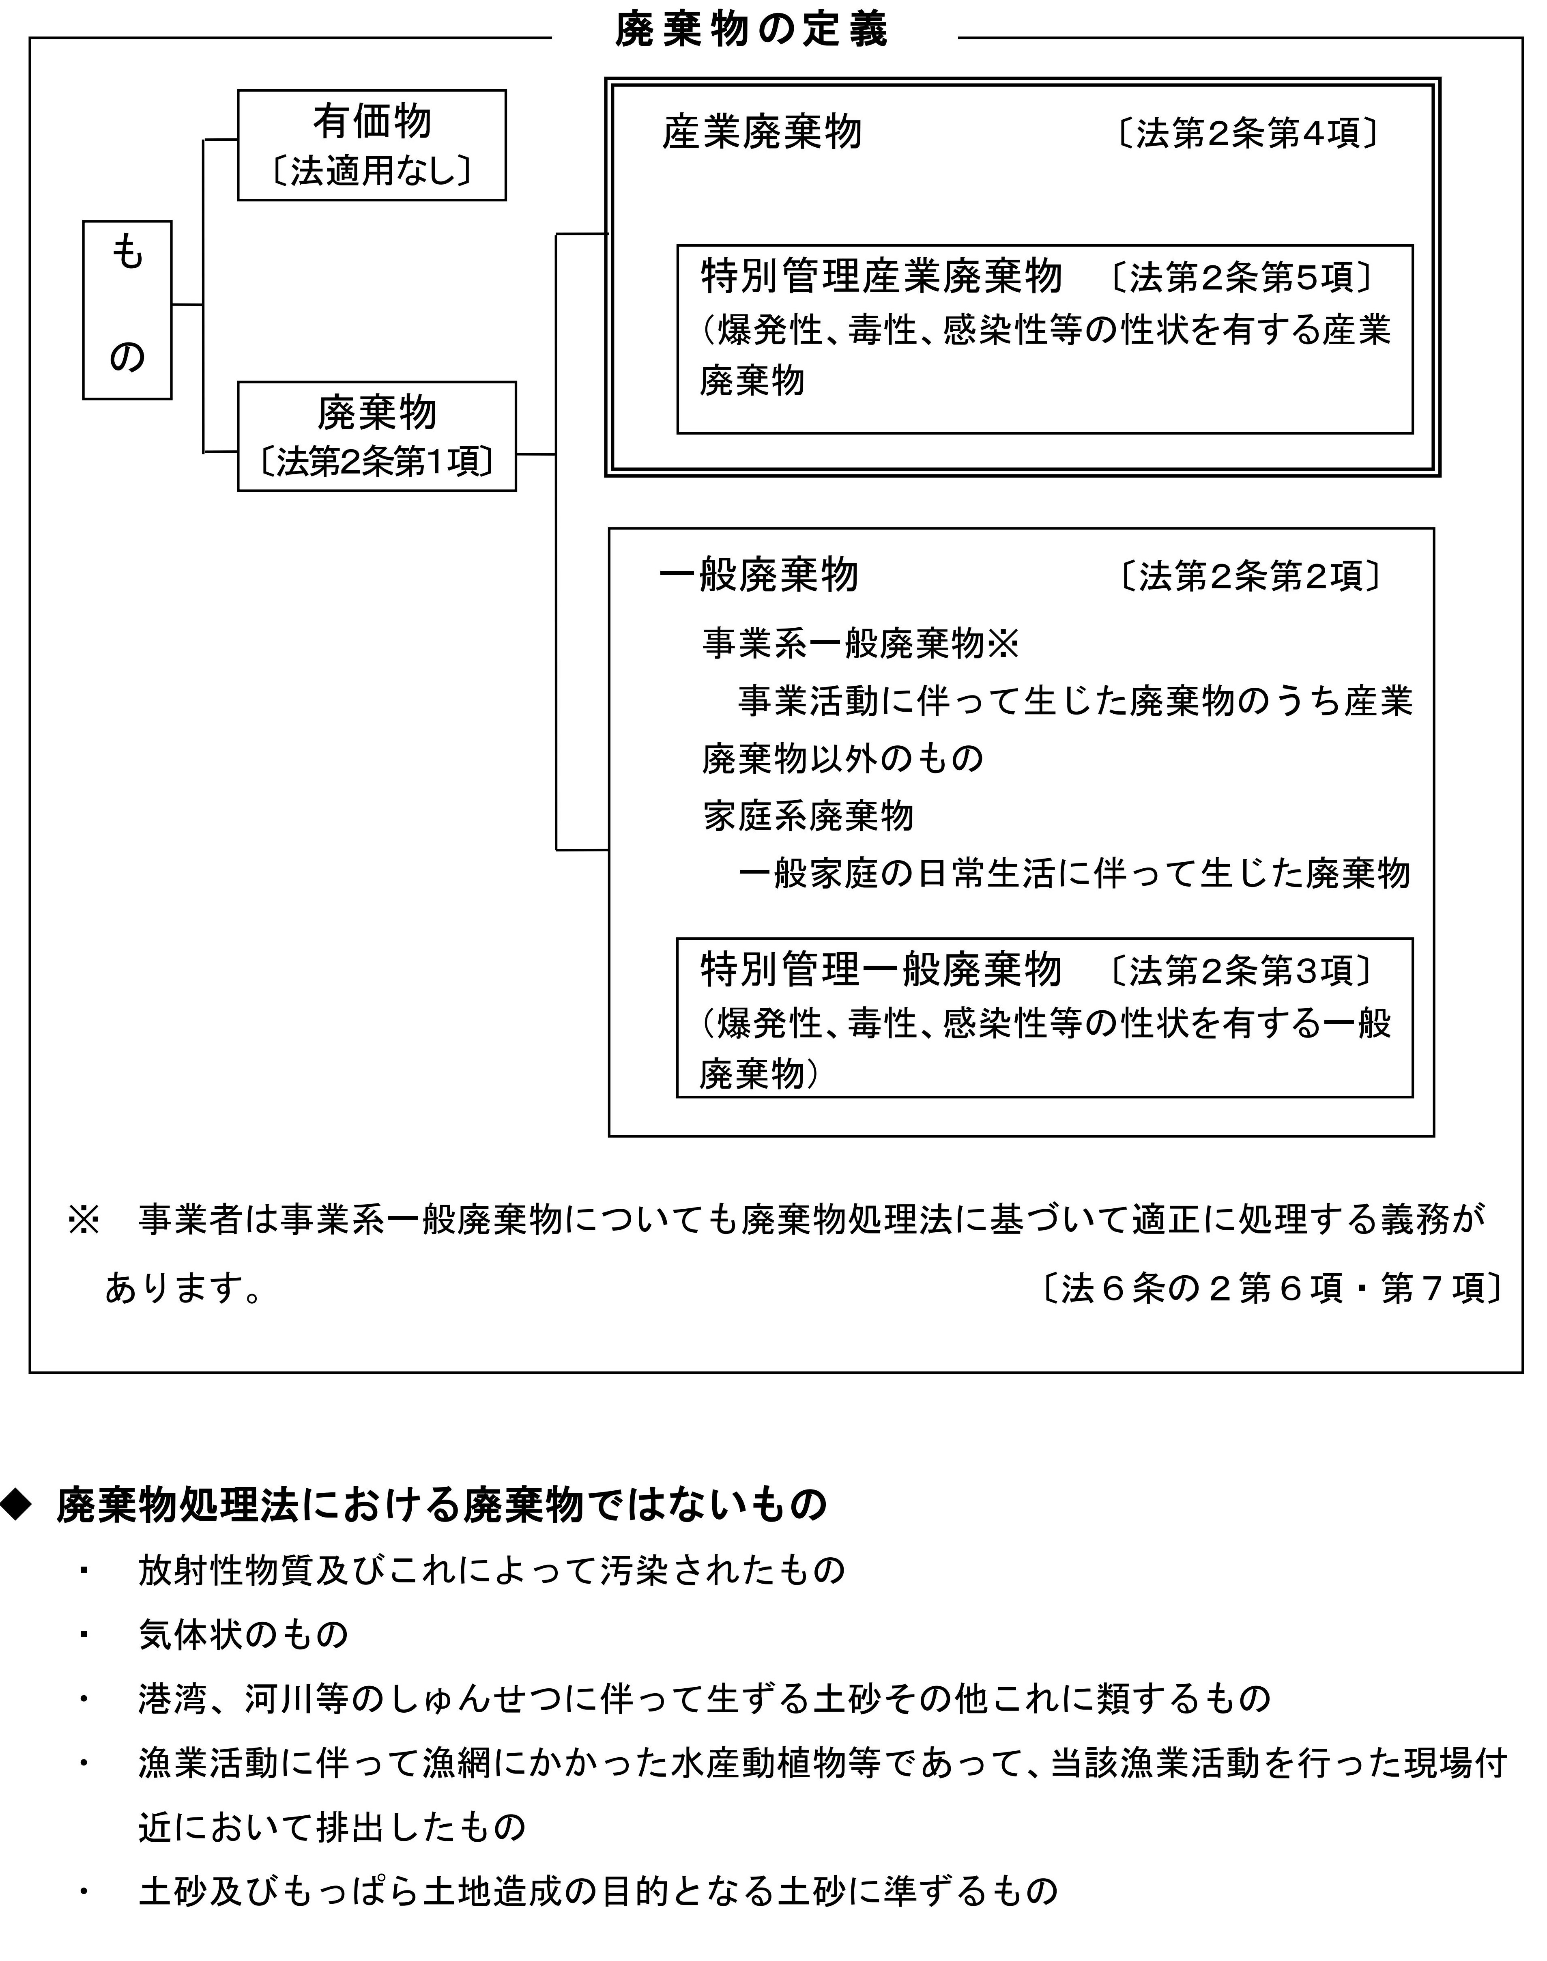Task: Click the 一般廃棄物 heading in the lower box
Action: coord(759,575)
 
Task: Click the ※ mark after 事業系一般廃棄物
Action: coord(1003,644)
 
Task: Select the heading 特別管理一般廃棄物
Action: coord(880,970)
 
